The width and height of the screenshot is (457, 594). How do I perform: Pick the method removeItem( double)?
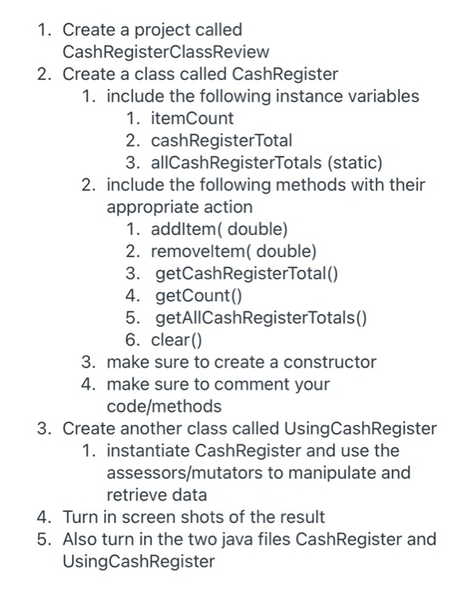233,250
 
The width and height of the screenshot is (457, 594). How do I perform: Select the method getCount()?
198,295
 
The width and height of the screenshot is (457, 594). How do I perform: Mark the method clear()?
178,339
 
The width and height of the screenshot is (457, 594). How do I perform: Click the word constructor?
332,361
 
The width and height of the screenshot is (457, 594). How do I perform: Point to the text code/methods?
164,406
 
